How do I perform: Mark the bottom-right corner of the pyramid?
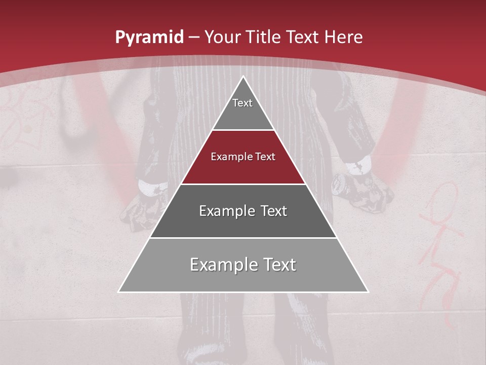tap(368, 291)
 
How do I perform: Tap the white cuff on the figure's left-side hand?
tap(151, 187)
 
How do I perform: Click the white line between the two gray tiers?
tap(243, 238)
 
